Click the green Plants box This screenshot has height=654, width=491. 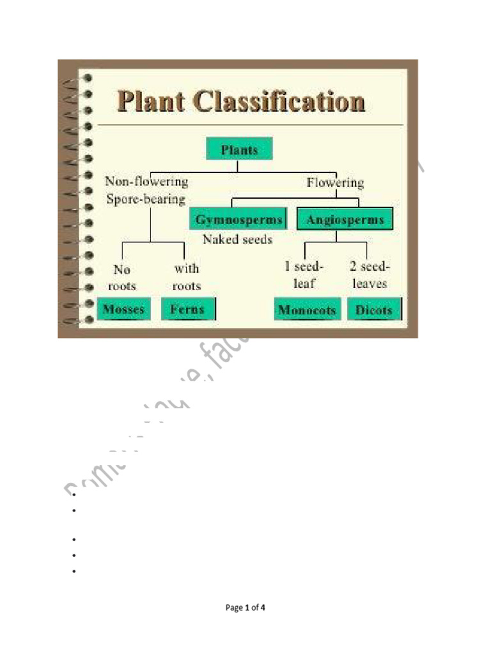(x=240, y=149)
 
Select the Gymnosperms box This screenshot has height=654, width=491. (x=238, y=220)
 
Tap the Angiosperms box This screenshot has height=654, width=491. (x=345, y=220)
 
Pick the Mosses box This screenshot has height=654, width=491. (x=124, y=310)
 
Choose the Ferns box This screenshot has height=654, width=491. (x=188, y=310)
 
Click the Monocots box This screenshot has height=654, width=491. (x=307, y=310)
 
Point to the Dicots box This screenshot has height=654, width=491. (x=375, y=310)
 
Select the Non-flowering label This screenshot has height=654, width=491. (x=146, y=181)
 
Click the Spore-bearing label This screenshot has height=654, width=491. (x=146, y=199)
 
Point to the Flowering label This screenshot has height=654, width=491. (x=335, y=183)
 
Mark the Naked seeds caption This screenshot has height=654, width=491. (x=237, y=240)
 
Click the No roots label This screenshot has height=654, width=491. (x=121, y=278)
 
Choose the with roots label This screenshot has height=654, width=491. (x=187, y=277)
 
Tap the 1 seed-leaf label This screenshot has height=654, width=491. (x=304, y=275)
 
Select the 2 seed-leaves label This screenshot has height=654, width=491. (x=370, y=275)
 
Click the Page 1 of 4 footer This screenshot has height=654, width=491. (x=245, y=608)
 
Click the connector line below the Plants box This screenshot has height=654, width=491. (x=238, y=166)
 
